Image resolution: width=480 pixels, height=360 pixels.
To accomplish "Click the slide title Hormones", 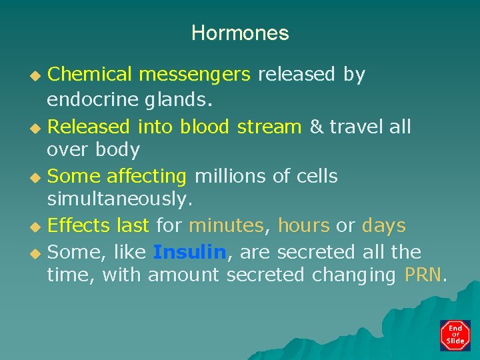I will [240, 33].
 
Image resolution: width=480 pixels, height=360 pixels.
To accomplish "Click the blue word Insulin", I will [189, 253].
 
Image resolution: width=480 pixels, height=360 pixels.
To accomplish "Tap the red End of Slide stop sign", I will [455, 335].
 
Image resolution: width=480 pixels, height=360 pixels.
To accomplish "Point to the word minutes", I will [226, 226].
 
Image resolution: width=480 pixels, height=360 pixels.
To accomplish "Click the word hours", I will [303, 226].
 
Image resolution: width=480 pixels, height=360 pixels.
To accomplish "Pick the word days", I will [383, 226].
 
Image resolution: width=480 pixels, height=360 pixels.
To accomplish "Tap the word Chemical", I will [88, 75].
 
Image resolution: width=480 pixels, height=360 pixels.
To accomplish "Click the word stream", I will [269, 127].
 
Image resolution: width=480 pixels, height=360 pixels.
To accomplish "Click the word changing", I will [354, 275].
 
